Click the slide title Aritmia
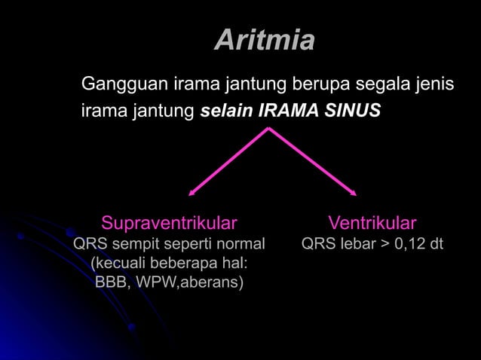click(x=264, y=40)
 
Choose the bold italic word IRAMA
click(x=287, y=111)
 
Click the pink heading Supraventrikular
click(x=169, y=223)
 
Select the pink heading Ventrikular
click(x=372, y=223)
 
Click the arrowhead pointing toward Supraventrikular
click(x=191, y=194)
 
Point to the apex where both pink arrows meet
click(x=269, y=129)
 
